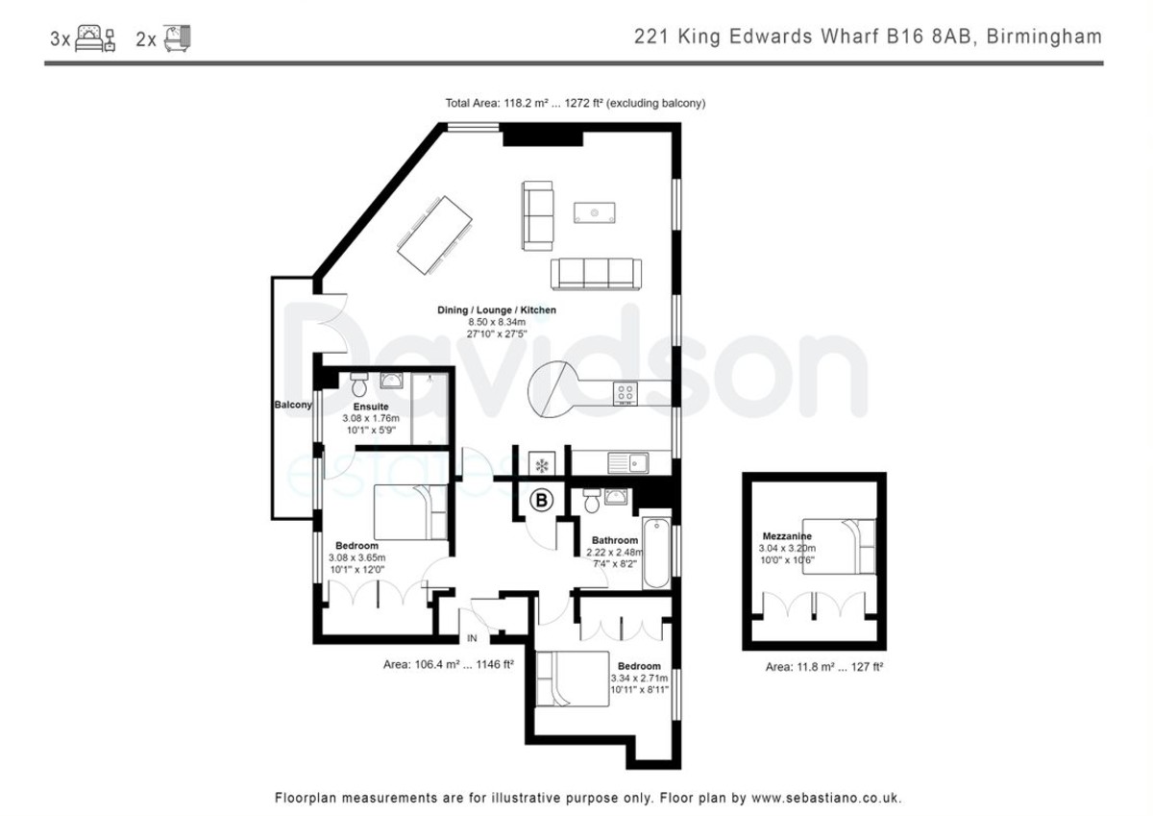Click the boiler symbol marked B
coord(541,500)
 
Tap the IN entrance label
coord(472,638)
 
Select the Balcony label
coord(293,405)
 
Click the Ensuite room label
coord(371,407)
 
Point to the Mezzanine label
coord(787,536)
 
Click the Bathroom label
coord(615,540)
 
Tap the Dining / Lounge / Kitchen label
coord(497,309)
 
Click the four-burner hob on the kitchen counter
coord(625,393)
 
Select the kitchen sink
coord(628,463)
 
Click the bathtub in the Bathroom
coord(656,553)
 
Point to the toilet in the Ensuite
coord(358,384)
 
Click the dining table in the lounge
coord(434,235)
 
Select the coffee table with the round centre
coord(595,212)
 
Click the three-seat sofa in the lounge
coord(596,274)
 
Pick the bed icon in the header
coord(95,39)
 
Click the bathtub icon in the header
coord(177,38)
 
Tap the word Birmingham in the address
coord(1044,37)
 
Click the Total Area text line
coord(575,103)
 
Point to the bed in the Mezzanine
coord(839,546)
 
